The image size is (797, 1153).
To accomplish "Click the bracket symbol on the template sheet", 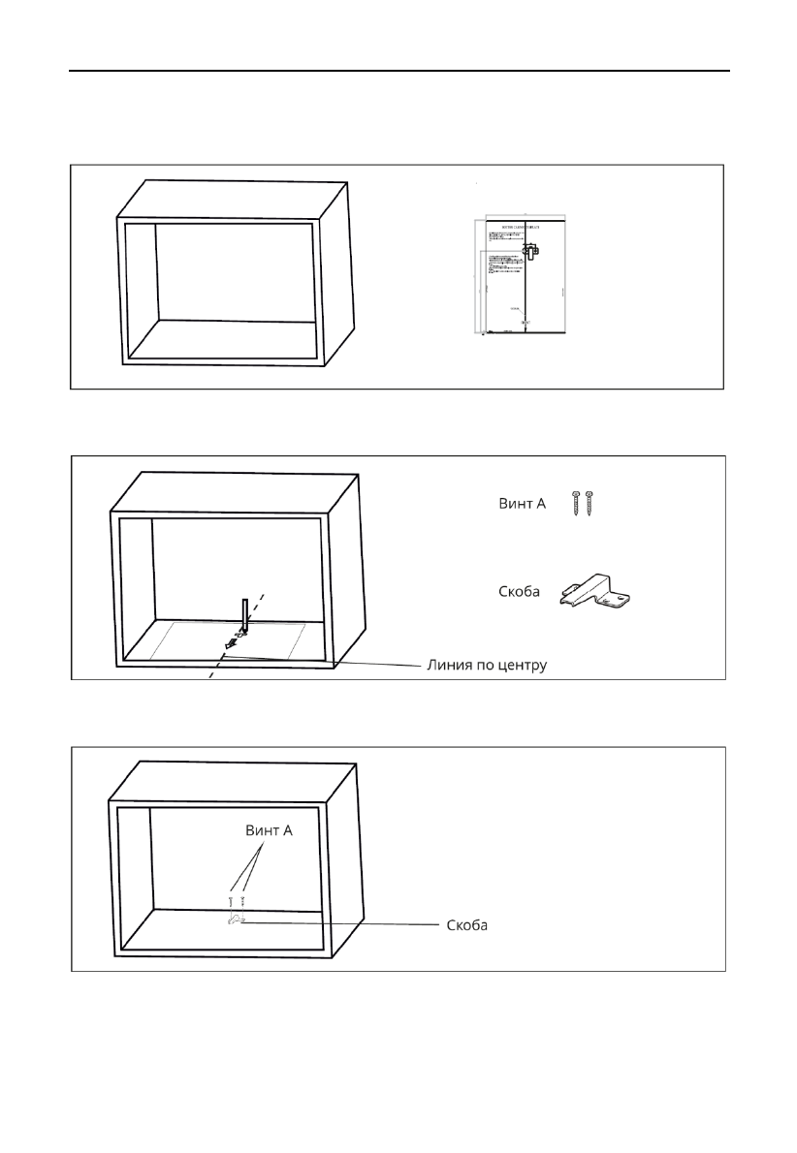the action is (x=529, y=251).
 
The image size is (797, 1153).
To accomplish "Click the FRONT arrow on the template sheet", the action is (x=525, y=323).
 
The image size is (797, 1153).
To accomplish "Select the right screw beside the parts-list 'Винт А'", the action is (x=589, y=502).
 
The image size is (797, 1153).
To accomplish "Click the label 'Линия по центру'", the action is (x=488, y=667).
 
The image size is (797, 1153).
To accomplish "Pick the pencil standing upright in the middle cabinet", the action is (x=245, y=614).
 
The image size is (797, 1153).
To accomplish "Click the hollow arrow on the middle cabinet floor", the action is (x=230, y=640).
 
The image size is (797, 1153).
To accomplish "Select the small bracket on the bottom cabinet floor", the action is (x=236, y=920).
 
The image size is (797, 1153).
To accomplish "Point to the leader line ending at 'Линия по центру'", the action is (x=330, y=662).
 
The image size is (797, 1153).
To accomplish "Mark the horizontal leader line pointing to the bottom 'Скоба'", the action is (x=339, y=924).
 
